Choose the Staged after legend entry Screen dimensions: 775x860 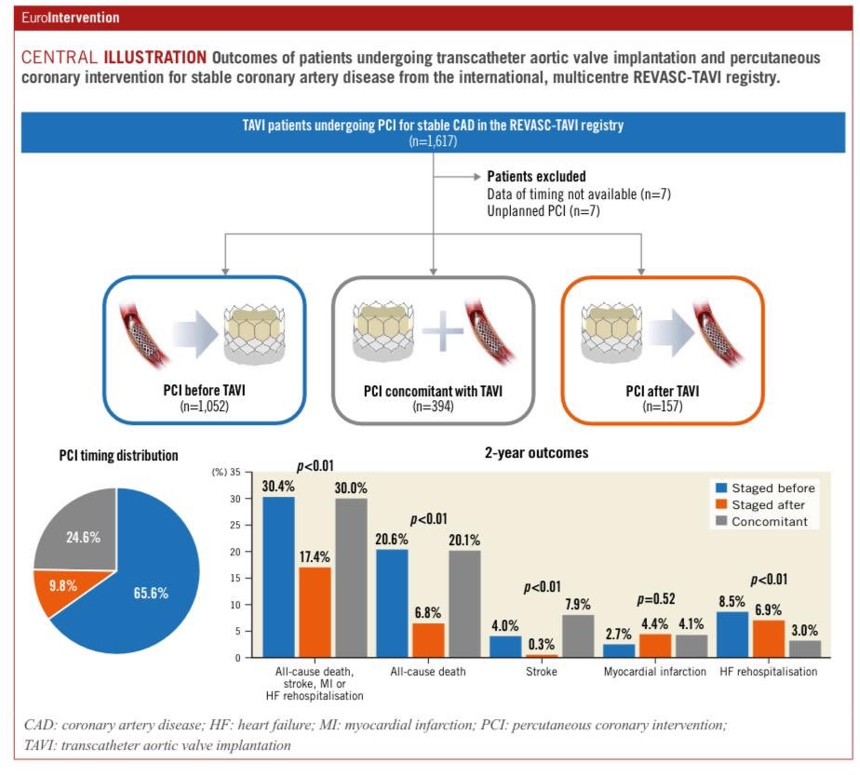(762, 504)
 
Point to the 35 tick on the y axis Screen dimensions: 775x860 (234, 474)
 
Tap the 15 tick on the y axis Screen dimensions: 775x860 (234, 579)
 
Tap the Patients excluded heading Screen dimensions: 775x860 (536, 176)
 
